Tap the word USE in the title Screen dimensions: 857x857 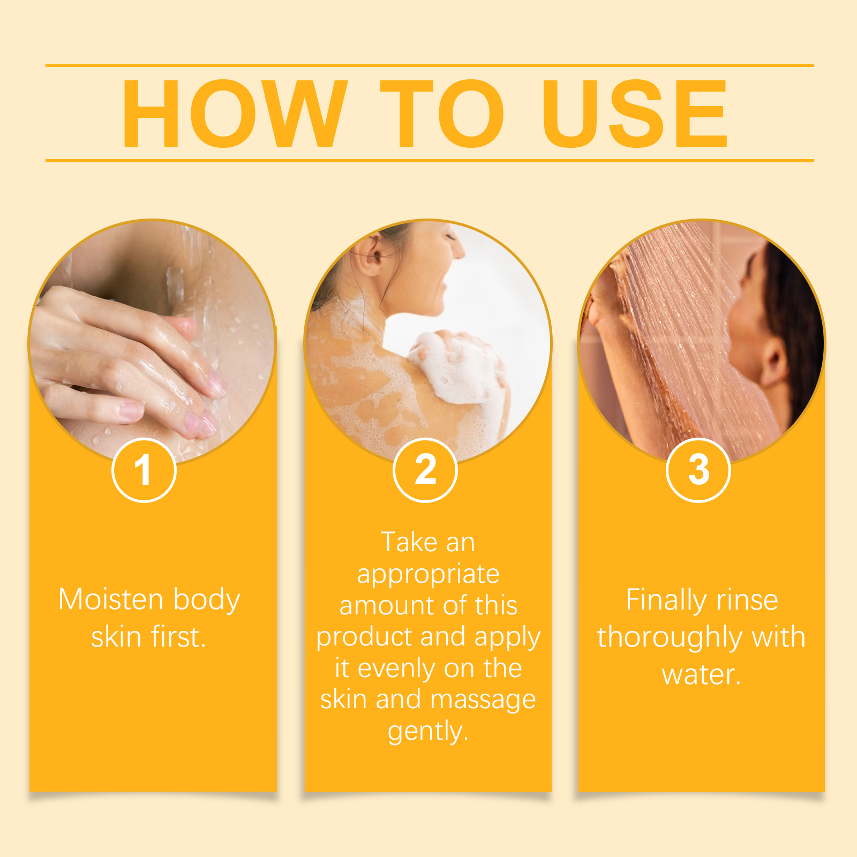click(x=635, y=114)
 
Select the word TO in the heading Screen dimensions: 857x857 click(x=442, y=114)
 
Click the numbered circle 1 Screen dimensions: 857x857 click(x=144, y=470)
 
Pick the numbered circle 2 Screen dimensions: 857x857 click(x=425, y=470)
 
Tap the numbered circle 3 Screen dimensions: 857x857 click(x=698, y=470)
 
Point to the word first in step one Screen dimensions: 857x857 click(x=178, y=637)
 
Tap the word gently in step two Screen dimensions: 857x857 click(x=428, y=732)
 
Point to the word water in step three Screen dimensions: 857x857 click(x=701, y=674)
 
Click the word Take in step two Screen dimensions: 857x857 click(x=408, y=542)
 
